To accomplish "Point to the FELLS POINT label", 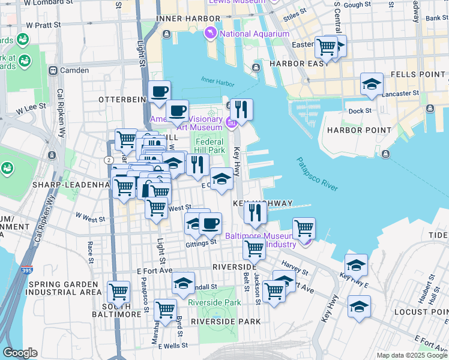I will (422, 73).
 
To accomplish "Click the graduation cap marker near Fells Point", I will (372, 85).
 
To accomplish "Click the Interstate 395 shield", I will (27, 271).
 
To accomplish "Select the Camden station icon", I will (53, 70).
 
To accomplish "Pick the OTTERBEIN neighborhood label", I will (123, 98).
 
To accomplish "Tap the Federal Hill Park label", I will (210, 146).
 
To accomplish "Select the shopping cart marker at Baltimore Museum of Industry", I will (304, 229).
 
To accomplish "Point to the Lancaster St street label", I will (400, 94).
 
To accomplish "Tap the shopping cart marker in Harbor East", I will (326, 46).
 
